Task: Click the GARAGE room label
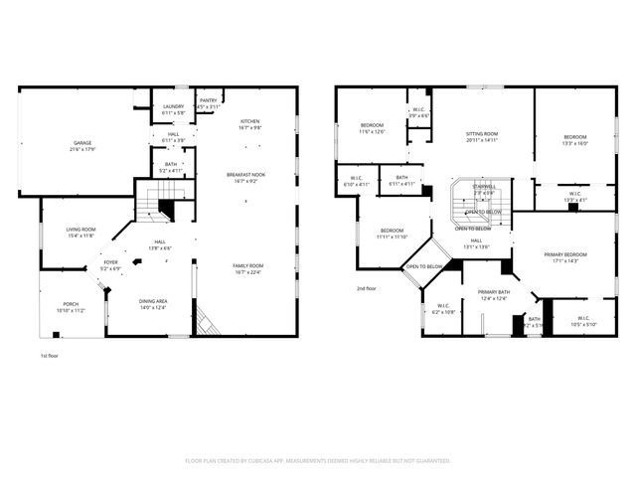(81, 142)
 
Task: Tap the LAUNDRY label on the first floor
(173, 106)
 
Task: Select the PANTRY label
(208, 100)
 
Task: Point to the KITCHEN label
(249, 121)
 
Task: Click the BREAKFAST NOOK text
(246, 175)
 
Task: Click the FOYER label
(109, 263)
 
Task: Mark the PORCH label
(71, 304)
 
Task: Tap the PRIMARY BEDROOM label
(565, 254)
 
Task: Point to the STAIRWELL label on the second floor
(484, 187)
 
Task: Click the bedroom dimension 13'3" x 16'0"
(575, 143)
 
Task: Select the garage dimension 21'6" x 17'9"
(81, 149)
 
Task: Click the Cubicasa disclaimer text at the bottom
(318, 460)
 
